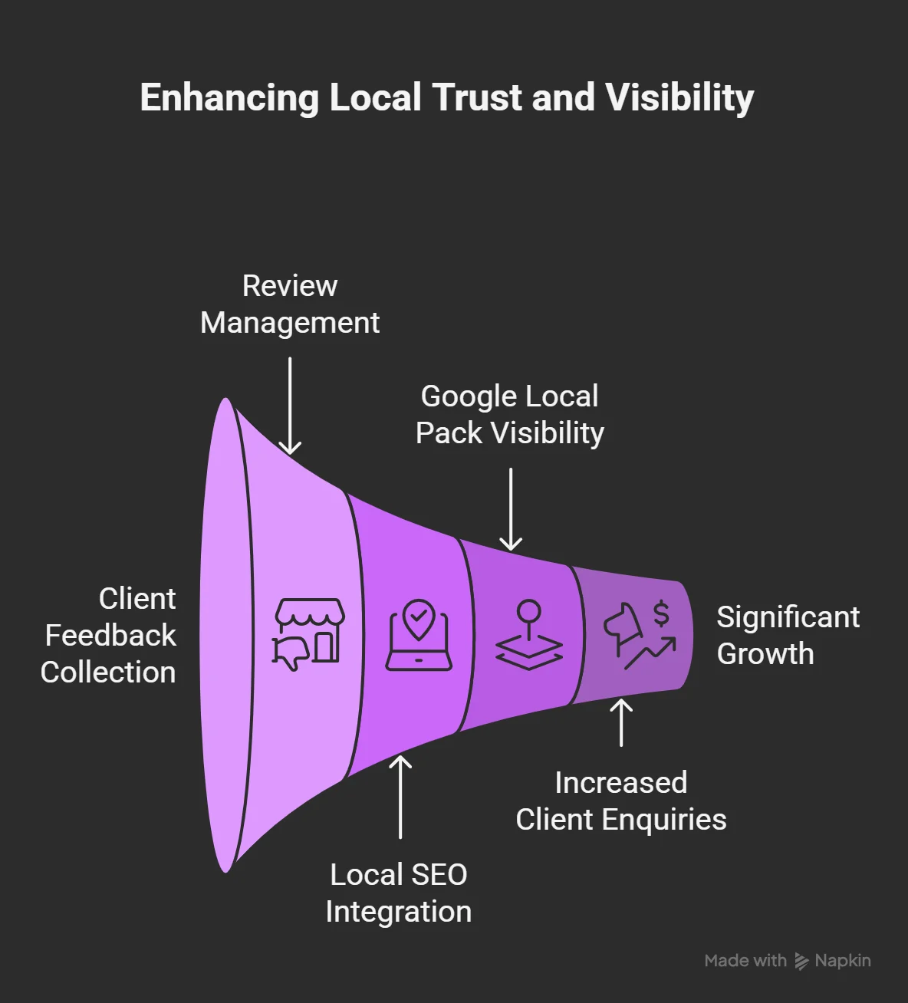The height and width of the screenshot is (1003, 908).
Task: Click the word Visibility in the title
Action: [679, 98]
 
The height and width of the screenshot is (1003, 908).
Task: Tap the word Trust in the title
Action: [476, 98]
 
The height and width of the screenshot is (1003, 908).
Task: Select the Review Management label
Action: [290, 304]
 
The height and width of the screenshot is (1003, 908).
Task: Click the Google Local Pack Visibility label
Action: [510, 415]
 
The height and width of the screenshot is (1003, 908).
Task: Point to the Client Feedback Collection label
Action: [109, 635]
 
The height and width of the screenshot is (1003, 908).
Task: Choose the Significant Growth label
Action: [788, 635]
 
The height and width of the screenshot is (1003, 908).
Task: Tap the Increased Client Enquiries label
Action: [620, 801]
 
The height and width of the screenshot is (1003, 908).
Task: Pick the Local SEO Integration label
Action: [399, 893]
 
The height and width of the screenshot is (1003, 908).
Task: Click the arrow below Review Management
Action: [290, 406]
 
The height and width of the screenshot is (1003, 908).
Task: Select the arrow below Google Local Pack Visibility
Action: [510, 510]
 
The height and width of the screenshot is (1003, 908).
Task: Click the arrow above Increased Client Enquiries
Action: [621, 722]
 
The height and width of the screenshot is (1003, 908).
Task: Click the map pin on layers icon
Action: [529, 636]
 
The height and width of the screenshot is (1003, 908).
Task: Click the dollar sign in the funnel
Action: [661, 613]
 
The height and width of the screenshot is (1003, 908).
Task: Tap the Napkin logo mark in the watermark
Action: [801, 961]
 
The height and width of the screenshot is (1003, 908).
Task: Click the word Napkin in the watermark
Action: [843, 961]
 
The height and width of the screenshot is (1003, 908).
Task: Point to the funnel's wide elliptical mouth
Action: [224, 635]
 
